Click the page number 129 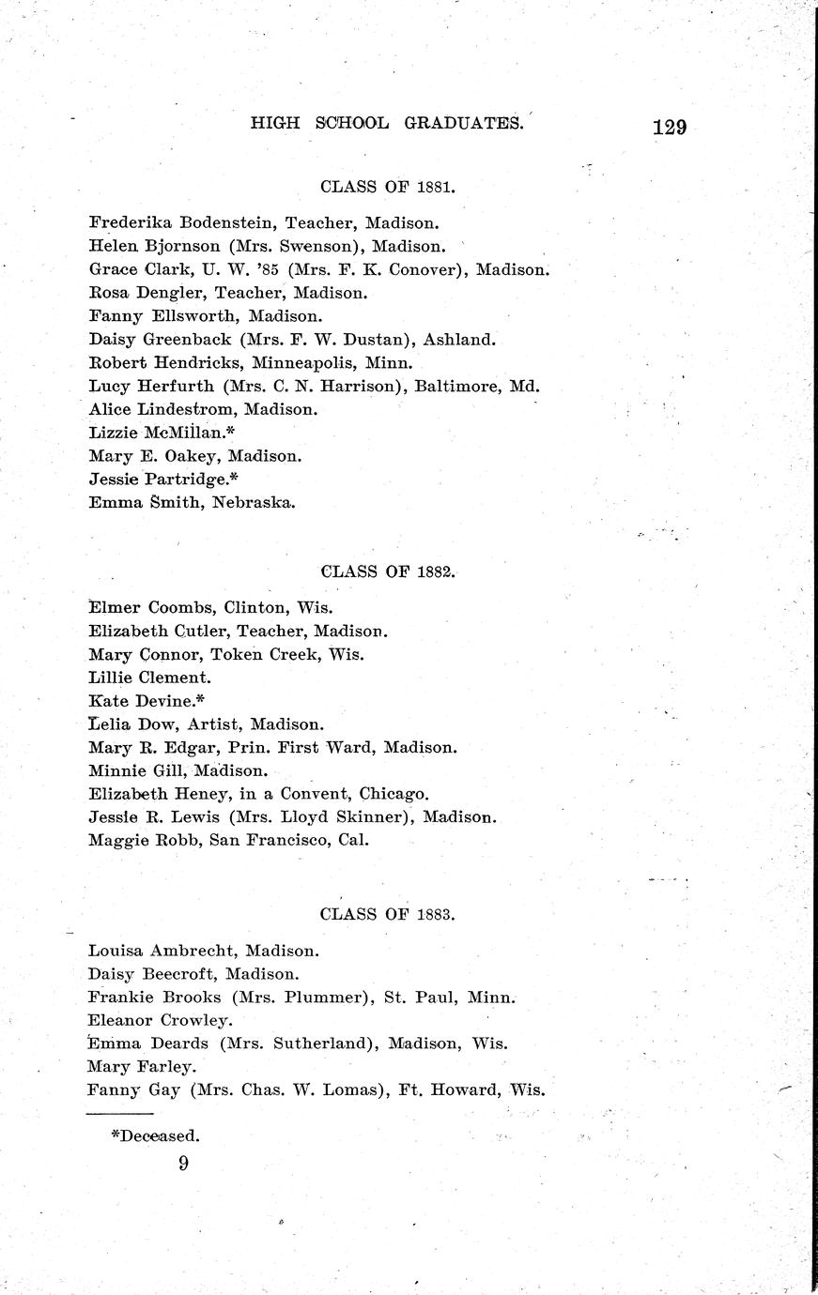[669, 127]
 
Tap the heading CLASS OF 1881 [388, 186]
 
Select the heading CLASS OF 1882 [388, 571]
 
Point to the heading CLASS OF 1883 [388, 913]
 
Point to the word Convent [319, 794]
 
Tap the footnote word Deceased [159, 1135]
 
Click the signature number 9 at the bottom [183, 1164]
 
